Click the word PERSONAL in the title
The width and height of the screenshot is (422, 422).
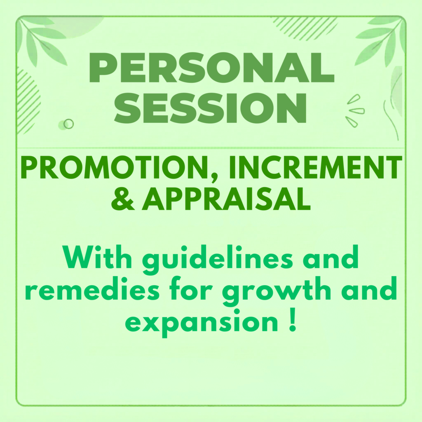[211, 67]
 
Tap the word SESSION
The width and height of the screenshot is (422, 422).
[211, 108]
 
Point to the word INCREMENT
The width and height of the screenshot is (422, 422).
[315, 167]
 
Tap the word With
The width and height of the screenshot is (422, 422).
[97, 257]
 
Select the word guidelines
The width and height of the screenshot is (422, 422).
[218, 260]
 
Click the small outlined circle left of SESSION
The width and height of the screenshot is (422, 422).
[69, 124]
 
